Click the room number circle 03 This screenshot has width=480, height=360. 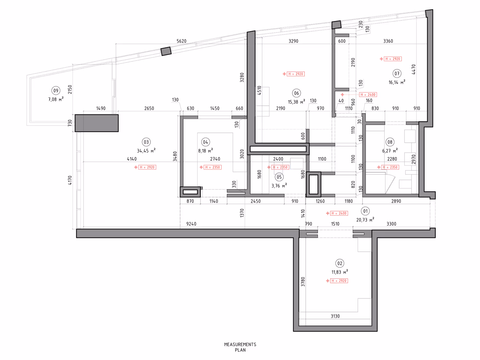146,142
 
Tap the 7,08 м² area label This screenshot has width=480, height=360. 56,99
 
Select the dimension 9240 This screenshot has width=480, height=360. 191,224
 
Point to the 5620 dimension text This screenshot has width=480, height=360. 181,41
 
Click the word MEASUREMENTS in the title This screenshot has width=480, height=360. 240,344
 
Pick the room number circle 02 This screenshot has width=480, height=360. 340,263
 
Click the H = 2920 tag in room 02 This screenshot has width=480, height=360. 339,281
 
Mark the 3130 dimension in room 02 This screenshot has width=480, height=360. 335,316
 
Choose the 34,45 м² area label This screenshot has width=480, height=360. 146,151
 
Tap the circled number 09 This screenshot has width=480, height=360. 56,91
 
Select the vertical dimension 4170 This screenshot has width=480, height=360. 70,180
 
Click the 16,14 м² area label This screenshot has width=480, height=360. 397,82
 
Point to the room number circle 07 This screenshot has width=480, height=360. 397,73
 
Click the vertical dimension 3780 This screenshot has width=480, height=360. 303,281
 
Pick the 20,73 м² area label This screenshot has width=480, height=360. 365,220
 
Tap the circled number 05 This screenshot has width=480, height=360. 279,177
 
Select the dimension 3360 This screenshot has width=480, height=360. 388,41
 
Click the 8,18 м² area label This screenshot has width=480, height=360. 205,151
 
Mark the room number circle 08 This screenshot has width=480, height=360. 390,142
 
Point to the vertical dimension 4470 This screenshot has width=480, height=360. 414,69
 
